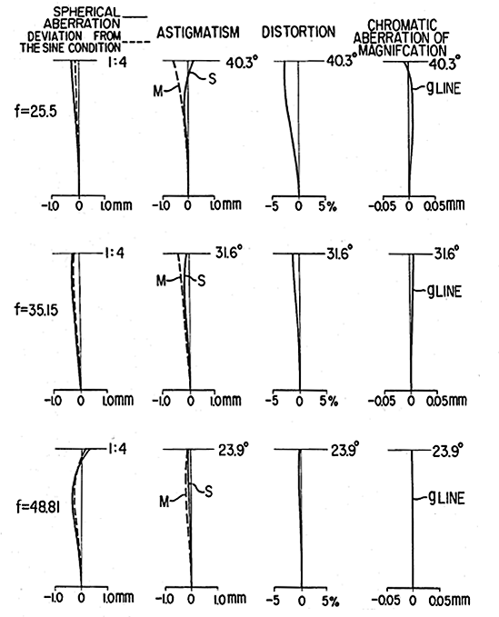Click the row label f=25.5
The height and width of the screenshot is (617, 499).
pos(35,112)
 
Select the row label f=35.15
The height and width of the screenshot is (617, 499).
pos(36,310)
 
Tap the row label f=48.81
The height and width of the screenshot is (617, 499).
pos(38,507)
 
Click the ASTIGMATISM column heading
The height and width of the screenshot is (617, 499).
pos(198,33)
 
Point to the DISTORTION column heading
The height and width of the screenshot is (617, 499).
pos(298,32)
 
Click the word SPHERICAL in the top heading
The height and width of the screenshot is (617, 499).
pos(86,12)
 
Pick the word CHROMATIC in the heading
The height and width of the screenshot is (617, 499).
pos(402,25)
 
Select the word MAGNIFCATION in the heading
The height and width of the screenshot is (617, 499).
pos(403,50)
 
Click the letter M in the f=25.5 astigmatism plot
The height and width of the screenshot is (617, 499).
pos(158,91)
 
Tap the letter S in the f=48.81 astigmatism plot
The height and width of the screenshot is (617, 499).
pos(208,491)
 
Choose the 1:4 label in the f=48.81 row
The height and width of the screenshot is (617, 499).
pos(117,449)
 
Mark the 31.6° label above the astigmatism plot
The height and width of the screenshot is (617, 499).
pos(228,253)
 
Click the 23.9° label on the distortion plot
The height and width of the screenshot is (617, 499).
pos(344,450)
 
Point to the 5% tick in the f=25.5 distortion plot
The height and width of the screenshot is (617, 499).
pos(327,205)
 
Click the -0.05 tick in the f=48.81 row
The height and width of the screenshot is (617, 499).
pos(386,600)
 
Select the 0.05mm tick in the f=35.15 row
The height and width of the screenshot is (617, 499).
pos(446,401)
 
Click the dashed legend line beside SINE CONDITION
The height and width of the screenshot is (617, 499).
pos(135,42)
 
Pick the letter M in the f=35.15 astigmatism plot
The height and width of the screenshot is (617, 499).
pos(161,281)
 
